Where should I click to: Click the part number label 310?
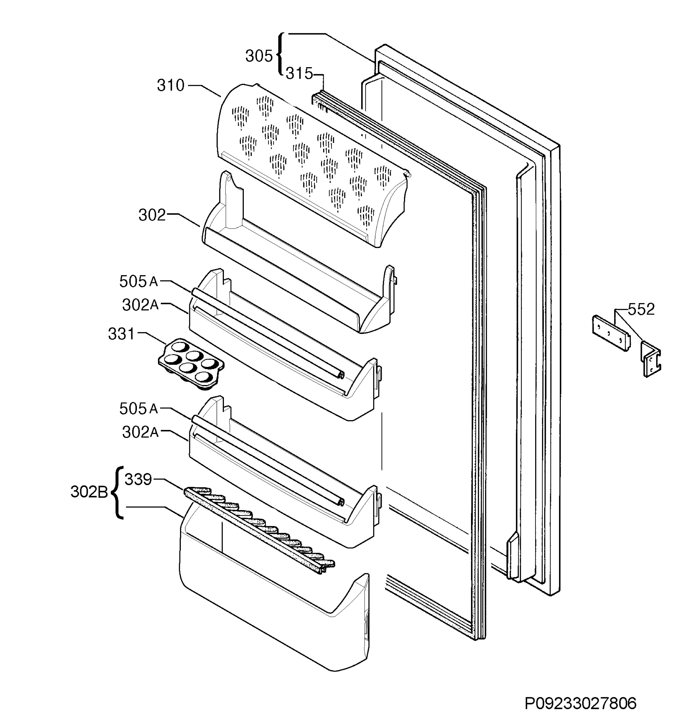[170, 86]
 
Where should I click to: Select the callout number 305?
[259, 56]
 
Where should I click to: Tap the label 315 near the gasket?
[299, 74]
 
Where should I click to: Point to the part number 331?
[121, 334]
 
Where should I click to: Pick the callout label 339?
[138, 479]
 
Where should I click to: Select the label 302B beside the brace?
[89, 493]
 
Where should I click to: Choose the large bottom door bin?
[274, 597]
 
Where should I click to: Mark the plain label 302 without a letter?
[152, 215]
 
